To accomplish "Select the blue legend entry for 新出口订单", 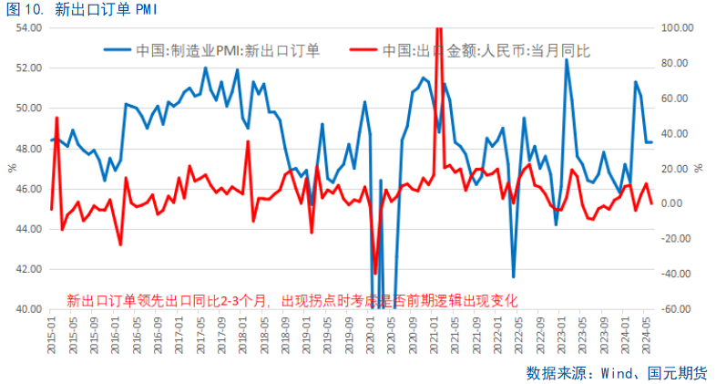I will point(228,50).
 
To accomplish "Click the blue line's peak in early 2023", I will point(567,60).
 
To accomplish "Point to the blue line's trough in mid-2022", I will point(514,276).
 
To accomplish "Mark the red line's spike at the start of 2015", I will point(56,118).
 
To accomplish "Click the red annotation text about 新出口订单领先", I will point(292,300).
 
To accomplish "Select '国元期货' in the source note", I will point(677,372).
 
